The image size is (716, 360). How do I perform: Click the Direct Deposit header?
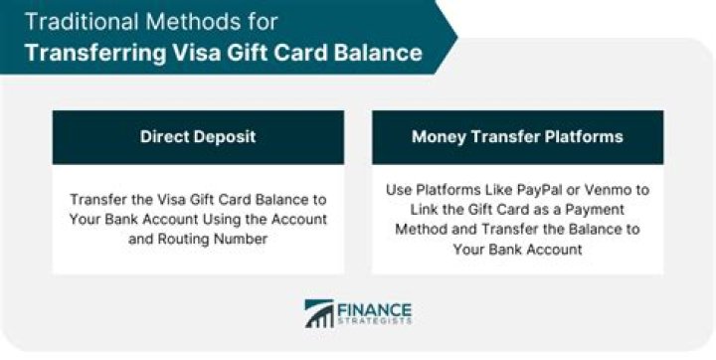click(x=198, y=136)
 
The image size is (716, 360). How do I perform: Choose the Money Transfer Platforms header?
click(x=517, y=136)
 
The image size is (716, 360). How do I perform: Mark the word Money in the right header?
click(x=438, y=136)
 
